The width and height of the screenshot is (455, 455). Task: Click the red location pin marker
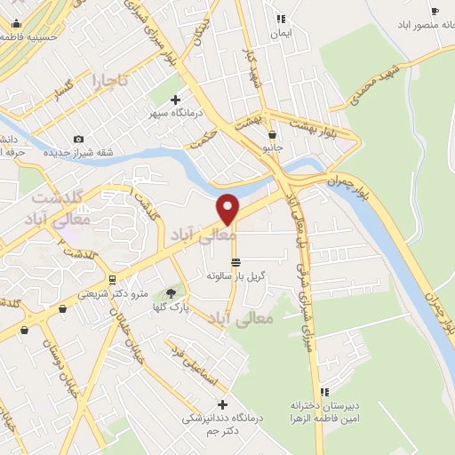(228, 208)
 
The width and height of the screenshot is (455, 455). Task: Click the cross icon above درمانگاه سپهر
(175, 100)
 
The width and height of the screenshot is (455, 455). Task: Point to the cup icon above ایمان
(281, 17)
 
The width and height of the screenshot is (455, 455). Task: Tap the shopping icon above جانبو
(272, 136)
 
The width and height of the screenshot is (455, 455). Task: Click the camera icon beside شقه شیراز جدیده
(80, 139)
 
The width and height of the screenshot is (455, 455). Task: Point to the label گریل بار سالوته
(235, 276)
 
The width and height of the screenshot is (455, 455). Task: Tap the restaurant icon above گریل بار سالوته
(235, 262)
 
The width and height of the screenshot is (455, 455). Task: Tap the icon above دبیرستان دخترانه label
(325, 391)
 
